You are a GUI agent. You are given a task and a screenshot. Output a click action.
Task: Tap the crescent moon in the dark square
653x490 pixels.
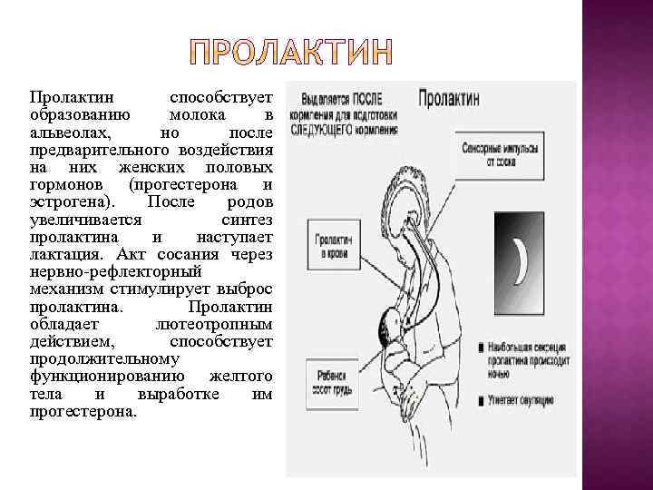pos(521,260)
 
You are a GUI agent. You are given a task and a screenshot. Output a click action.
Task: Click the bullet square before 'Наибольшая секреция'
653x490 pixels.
pos(465,348)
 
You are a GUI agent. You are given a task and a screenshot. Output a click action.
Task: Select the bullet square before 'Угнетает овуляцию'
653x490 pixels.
pos(465,398)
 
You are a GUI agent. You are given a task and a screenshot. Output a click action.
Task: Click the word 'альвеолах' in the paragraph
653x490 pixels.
pos(65,133)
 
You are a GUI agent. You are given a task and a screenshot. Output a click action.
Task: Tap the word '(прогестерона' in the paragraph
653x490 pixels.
pos(182,184)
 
